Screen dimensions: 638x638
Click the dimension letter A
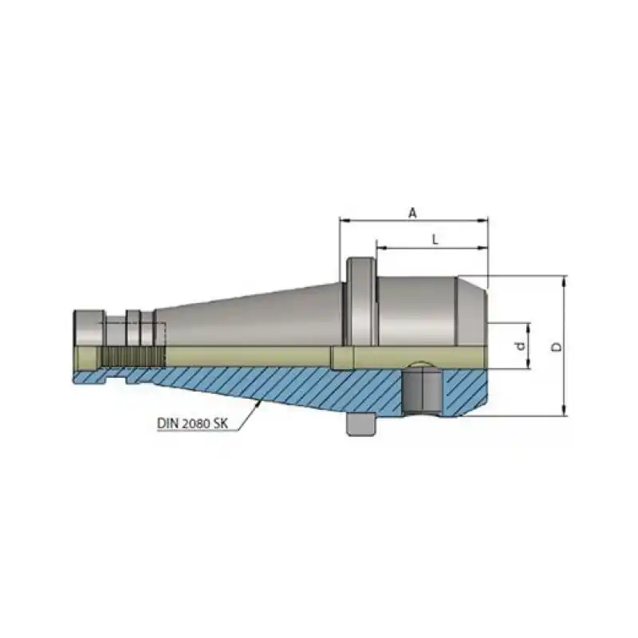pos(412,212)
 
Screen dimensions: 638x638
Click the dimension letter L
pos(433,239)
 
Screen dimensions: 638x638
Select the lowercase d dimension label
pos(519,346)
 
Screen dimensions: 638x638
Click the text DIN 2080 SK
pos(188,425)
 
